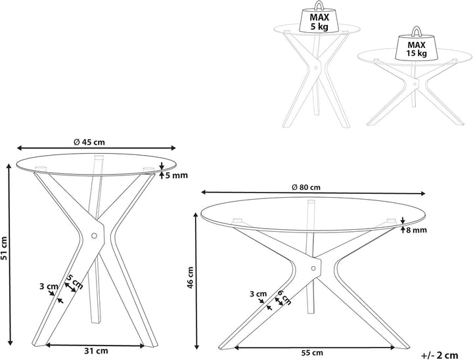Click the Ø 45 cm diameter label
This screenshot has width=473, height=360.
pos(89,142)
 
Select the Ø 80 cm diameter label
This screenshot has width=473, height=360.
pos(306,187)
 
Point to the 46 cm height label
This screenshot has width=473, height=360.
pos(191,277)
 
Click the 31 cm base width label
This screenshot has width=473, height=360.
pos(95,351)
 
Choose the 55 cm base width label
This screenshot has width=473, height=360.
pos(312,353)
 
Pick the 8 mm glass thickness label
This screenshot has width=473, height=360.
pos(417,230)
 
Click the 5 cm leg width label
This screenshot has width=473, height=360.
pos(74,282)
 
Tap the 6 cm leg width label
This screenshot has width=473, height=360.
pos(284,297)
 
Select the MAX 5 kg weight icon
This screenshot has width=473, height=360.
pos(319,18)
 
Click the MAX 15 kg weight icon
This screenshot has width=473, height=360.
pos(417,44)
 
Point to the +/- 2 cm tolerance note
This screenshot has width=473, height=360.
pos(439,355)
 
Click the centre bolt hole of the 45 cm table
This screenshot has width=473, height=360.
pos(94,235)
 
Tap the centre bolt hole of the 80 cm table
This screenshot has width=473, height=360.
pos(313,268)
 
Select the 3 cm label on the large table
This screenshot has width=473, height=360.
pos(259,294)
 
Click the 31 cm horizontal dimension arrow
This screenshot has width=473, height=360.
pos(95,346)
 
